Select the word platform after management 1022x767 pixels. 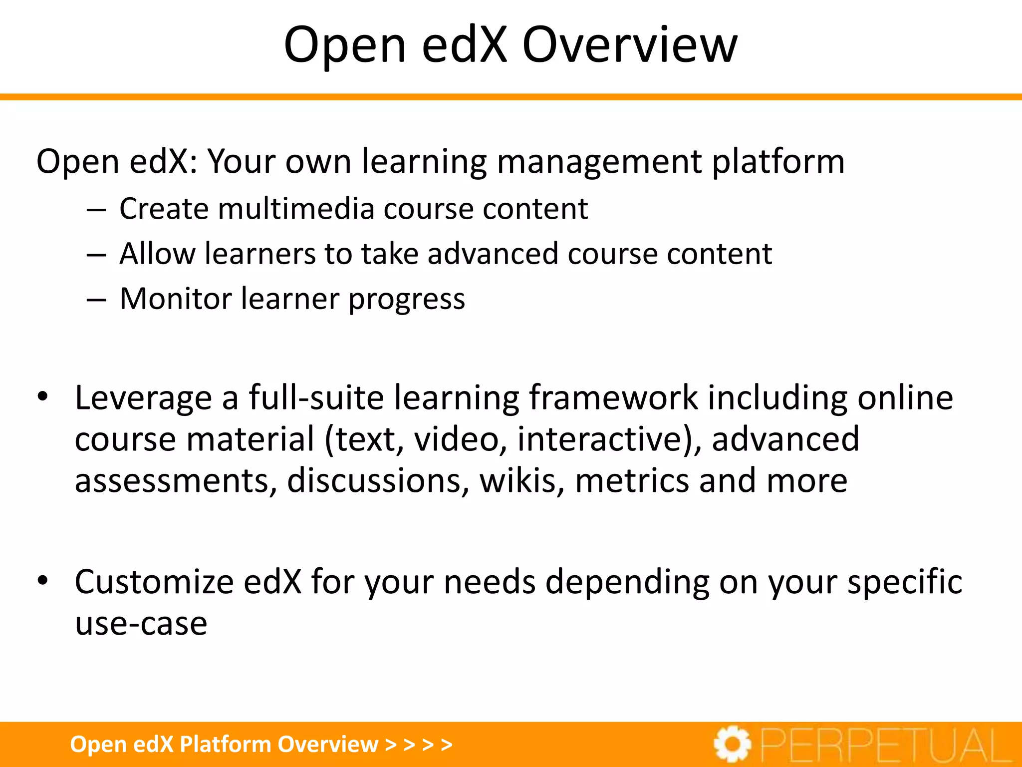coord(778,162)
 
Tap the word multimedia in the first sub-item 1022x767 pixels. coord(296,208)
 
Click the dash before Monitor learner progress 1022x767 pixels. coord(96,300)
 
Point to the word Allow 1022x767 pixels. coord(157,254)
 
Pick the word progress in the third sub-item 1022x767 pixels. coord(406,300)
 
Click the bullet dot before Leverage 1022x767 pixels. coord(43,397)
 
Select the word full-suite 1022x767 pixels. coord(316,398)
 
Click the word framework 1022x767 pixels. coord(613,398)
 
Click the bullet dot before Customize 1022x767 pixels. coord(43,581)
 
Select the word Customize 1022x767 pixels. coord(154,582)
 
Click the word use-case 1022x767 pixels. coord(141,624)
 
